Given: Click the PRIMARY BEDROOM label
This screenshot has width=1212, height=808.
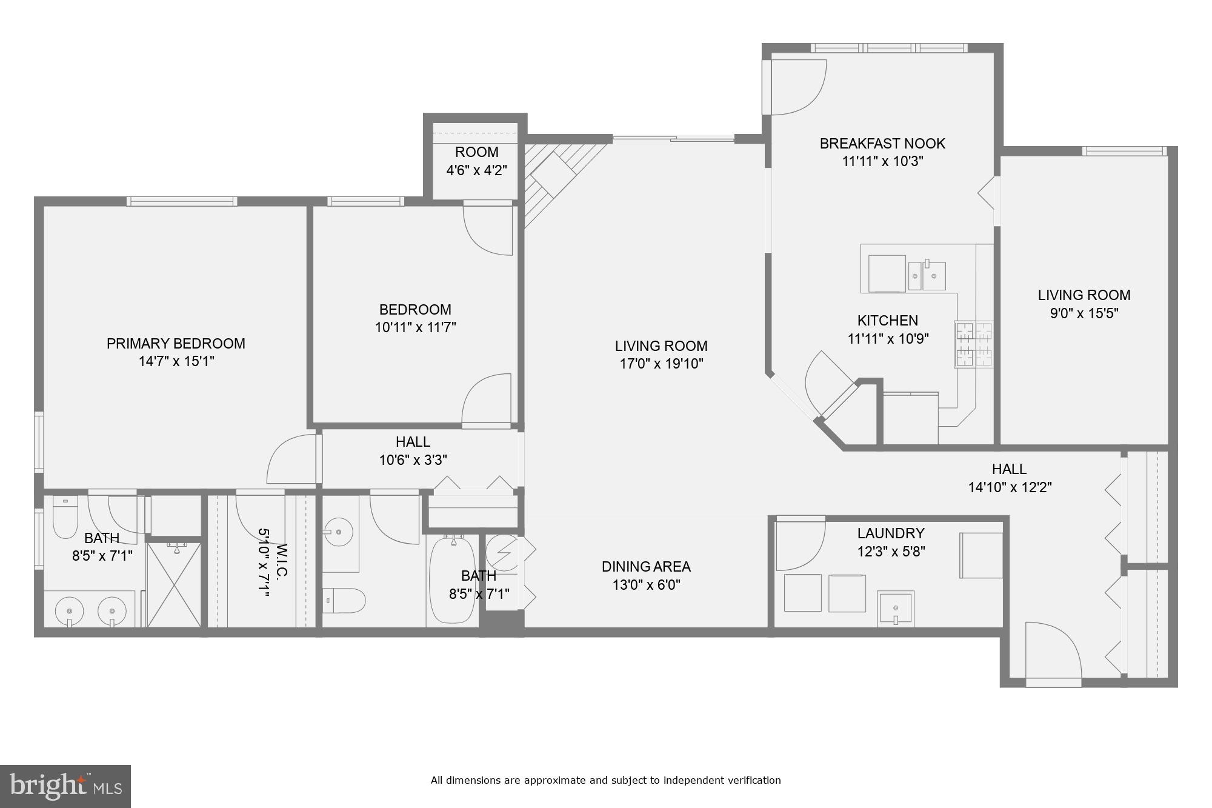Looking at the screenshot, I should point(176,344).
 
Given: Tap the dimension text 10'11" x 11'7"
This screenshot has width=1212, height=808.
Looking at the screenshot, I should point(415,328).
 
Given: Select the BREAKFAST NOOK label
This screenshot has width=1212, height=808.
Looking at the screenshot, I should point(882,144).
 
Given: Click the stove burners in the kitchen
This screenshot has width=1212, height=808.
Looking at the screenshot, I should point(974,345).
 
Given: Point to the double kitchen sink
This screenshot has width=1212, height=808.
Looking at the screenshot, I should point(927,276).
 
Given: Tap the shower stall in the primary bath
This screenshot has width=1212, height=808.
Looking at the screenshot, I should point(174,585).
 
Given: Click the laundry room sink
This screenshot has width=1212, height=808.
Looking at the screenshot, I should point(895,608).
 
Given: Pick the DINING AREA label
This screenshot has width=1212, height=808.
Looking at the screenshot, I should point(646,567).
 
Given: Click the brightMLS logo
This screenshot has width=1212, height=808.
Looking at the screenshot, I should point(65,786).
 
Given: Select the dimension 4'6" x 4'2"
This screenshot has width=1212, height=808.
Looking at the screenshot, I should point(476,170).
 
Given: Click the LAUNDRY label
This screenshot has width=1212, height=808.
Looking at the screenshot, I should point(890,533).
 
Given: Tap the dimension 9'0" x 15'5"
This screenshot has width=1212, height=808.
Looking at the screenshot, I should point(1084,313).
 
